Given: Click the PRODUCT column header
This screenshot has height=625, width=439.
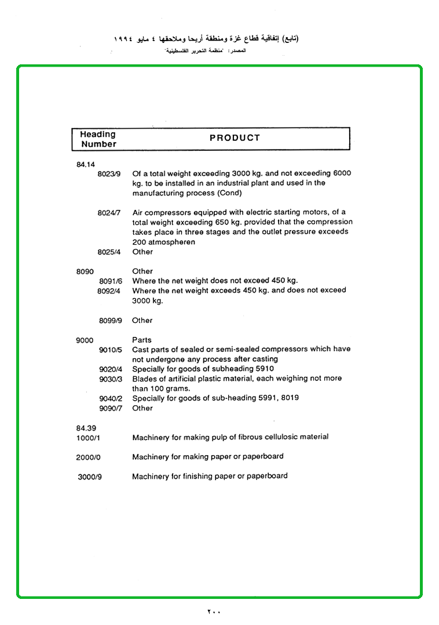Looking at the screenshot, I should pyautogui.click(x=235, y=138).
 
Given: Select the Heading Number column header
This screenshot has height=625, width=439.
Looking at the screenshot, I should pyautogui.click(x=98, y=139).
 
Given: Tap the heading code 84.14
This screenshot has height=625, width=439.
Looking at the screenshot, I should pyautogui.click(x=85, y=165).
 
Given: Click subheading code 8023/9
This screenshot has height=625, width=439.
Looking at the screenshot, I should pyautogui.click(x=109, y=174).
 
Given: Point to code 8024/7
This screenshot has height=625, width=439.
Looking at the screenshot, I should pyautogui.click(x=109, y=213).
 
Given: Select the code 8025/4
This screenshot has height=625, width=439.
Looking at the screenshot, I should pyautogui.click(x=109, y=252).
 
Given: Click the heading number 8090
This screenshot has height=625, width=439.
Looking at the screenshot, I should pyautogui.click(x=85, y=271).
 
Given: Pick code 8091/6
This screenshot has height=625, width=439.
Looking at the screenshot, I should pyautogui.click(x=110, y=281).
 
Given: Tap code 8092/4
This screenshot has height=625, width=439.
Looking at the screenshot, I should pyautogui.click(x=109, y=291).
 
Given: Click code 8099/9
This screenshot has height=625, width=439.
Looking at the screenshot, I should pyautogui.click(x=110, y=321).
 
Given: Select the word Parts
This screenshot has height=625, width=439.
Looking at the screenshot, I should pyautogui.click(x=142, y=340).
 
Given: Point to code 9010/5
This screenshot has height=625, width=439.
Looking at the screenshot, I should pyautogui.click(x=110, y=350).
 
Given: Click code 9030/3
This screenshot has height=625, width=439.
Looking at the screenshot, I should pyautogui.click(x=110, y=379).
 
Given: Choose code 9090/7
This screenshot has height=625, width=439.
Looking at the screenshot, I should pyautogui.click(x=110, y=409).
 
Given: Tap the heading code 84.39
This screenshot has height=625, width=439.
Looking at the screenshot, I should pyautogui.click(x=86, y=428).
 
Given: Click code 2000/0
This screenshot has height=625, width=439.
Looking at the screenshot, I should pyautogui.click(x=88, y=457).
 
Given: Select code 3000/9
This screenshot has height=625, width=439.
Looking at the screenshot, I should pyautogui.click(x=90, y=477).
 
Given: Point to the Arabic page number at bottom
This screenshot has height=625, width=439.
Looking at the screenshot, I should pyautogui.click(x=214, y=612).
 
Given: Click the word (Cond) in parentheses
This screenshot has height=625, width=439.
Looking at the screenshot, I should pyautogui.click(x=230, y=193).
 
